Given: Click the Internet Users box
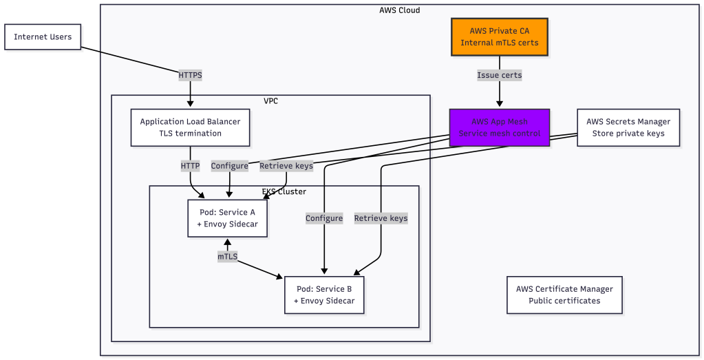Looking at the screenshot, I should (x=43, y=37).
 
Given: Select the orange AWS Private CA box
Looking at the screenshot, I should (x=499, y=37).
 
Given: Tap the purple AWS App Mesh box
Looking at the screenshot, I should (x=499, y=127).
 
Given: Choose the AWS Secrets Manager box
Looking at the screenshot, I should (x=628, y=127).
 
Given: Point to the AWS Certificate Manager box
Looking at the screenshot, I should (x=564, y=295).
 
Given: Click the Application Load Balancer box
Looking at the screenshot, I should (x=190, y=127).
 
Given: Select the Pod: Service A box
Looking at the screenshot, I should (x=227, y=218).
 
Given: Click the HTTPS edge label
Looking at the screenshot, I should (x=190, y=74).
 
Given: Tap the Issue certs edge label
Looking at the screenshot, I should (x=499, y=74).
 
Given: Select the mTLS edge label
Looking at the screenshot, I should (x=227, y=256).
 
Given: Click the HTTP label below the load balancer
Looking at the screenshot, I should (x=190, y=166).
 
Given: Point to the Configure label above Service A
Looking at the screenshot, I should (x=229, y=166).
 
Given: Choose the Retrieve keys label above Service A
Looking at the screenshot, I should (x=286, y=166).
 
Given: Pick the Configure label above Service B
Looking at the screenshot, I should (x=324, y=218).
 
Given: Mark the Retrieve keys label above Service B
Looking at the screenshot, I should (x=381, y=218).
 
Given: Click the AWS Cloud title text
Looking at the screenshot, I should (x=399, y=10).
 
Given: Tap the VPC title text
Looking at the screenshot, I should (x=270, y=101).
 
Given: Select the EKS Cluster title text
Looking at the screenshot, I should (x=284, y=191).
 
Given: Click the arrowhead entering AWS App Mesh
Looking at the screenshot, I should (x=499, y=105).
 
